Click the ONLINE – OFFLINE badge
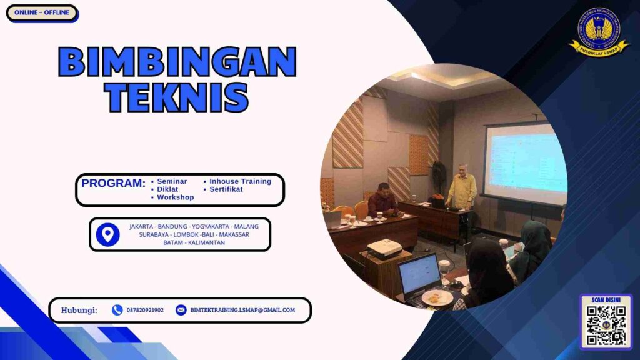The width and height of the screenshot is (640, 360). tap(42, 12)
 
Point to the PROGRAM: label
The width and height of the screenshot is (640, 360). tap(113, 184)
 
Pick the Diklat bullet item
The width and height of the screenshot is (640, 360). tap(167, 189)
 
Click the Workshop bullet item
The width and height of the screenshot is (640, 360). tap(175, 197)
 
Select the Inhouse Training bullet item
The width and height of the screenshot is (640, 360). tap(240, 181)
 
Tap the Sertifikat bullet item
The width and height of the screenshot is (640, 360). tap(226, 189)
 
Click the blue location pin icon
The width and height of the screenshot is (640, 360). tap(108, 234)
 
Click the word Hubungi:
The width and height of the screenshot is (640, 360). tap(79, 310)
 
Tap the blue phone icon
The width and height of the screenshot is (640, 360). tap(117, 310)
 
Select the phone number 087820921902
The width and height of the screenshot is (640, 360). tap(145, 310)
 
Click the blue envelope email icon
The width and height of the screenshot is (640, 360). tap(181, 310)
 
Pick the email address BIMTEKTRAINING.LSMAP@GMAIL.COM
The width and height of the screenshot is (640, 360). tap(242, 310)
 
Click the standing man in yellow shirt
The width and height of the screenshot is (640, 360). tap(462, 191)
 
